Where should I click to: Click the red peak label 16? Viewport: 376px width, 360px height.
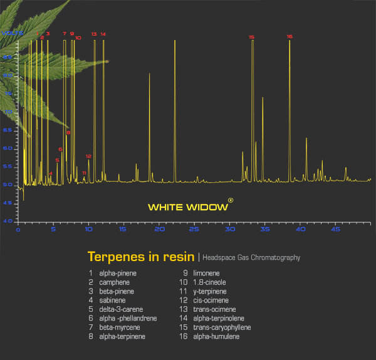point(290,36)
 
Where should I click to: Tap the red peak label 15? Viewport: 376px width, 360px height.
point(251,37)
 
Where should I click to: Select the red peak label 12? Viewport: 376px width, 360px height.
point(88,156)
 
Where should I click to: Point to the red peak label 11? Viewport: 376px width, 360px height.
point(84,172)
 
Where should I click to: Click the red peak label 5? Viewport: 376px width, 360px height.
point(57,160)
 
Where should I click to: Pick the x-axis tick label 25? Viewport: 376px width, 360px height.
point(159,230)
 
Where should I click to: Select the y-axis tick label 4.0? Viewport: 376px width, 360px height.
point(7,221)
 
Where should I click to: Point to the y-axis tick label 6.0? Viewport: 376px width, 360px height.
point(7,148)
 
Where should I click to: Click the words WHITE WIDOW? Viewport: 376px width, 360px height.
point(187,207)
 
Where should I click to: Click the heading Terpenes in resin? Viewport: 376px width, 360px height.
point(141,257)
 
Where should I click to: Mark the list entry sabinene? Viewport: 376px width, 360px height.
point(113,300)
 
